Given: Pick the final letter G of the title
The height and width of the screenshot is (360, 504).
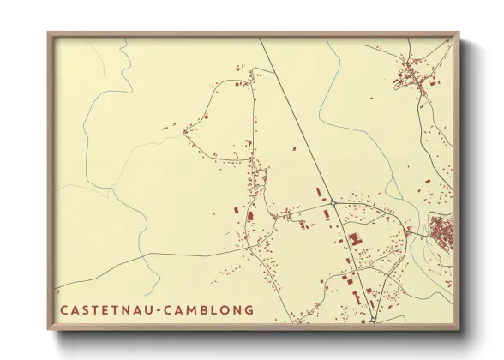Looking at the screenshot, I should tap(248, 309).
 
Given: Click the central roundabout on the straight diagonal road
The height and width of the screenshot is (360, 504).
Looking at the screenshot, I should tap(332, 203).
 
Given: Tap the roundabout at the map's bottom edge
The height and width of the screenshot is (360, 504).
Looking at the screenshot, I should tap(373, 321).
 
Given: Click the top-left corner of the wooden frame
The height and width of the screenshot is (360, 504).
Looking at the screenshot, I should tap(49, 34).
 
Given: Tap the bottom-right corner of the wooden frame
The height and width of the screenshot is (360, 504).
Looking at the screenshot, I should tap(459, 328).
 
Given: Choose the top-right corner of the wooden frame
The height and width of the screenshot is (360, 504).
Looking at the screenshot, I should tap(459, 34).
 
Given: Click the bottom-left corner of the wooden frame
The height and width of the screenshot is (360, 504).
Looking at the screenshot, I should tap(49, 328).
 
